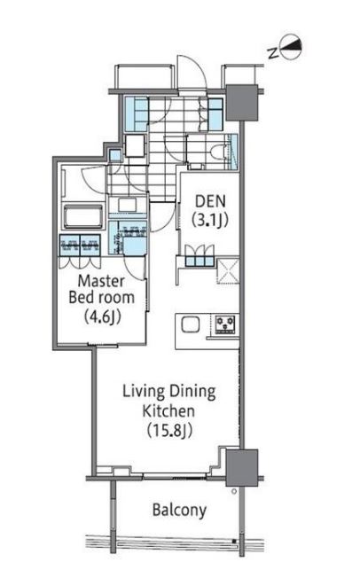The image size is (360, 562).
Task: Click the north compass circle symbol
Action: point(291,47)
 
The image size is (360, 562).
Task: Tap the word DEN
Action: point(210,201)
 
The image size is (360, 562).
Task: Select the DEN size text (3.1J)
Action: point(210,219)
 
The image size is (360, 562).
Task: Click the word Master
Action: point(101,281)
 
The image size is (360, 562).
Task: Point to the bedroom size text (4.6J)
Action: point(103,316)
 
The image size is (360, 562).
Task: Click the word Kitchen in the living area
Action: point(168,410)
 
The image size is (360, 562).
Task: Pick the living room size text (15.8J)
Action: point(169,430)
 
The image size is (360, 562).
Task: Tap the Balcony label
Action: point(179,510)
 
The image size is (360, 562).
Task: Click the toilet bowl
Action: point(217,152)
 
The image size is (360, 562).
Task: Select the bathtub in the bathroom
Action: point(82,216)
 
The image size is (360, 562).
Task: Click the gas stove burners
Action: point(225,324)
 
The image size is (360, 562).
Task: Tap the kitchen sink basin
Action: point(190,325)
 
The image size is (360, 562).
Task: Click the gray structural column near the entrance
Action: point(242,103)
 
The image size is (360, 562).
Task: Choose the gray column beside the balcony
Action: point(242,468)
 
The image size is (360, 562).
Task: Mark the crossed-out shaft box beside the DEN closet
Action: point(228,269)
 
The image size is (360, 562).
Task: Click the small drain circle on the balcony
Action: point(234,491)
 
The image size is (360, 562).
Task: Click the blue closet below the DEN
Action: point(199,260)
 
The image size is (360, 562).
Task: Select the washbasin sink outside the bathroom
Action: point(128,205)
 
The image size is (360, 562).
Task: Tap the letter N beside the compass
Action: point(273,54)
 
